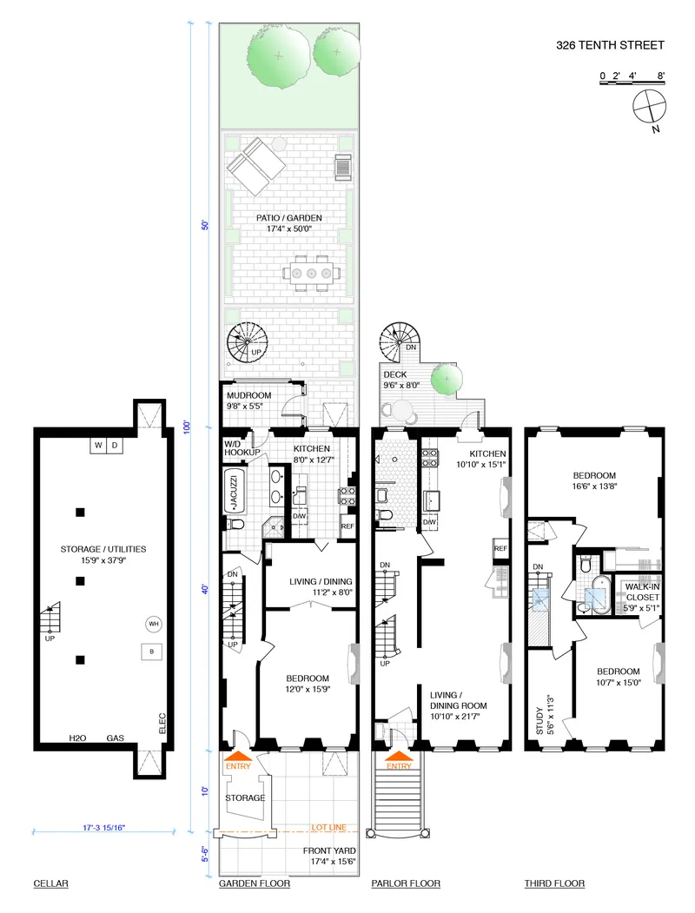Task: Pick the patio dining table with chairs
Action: (308, 273)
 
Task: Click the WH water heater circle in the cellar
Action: (153, 624)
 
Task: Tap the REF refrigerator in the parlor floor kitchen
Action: (500, 549)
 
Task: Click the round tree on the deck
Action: (447, 378)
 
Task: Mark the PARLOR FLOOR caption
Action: (406, 883)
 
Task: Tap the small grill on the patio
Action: (342, 166)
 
